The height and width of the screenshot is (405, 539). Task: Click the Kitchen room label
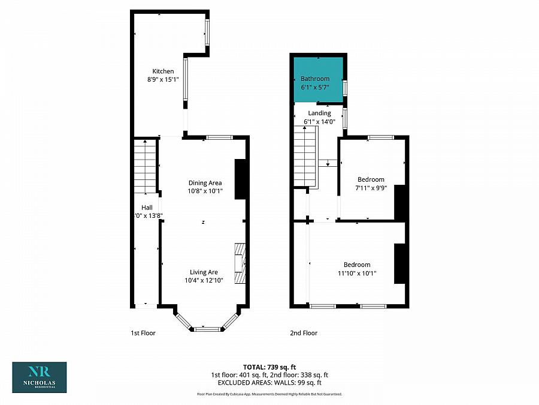click(x=163, y=71)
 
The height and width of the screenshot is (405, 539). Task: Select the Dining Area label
click(x=205, y=183)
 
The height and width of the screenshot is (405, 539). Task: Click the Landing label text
click(x=319, y=113)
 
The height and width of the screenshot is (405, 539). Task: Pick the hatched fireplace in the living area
click(x=240, y=262)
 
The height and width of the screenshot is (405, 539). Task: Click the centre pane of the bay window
click(x=207, y=329)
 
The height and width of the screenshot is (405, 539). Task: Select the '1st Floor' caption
click(x=143, y=333)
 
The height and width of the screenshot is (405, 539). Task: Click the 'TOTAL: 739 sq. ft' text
click(x=269, y=367)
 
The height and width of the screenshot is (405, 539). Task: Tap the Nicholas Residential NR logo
click(x=40, y=377)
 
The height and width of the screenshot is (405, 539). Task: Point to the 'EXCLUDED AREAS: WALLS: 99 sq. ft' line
click(x=269, y=382)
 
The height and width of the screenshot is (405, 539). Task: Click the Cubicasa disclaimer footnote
click(x=269, y=394)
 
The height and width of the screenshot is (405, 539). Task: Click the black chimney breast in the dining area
click(x=241, y=179)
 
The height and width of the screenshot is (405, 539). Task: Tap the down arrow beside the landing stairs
click(x=328, y=163)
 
